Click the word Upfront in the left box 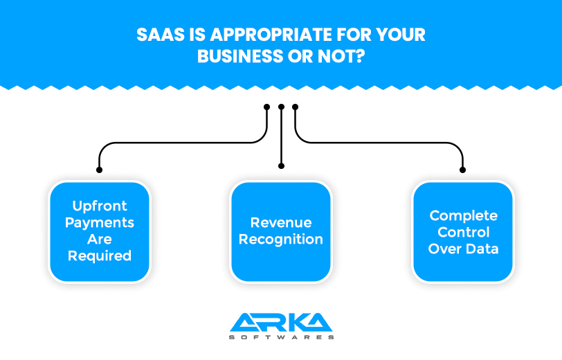pyautogui.click(x=100, y=206)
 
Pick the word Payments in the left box pyautogui.click(x=100, y=223)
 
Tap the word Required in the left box pyautogui.click(x=100, y=255)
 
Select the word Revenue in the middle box pyautogui.click(x=281, y=223)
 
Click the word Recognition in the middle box pyautogui.click(x=281, y=239)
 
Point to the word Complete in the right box pyautogui.click(x=464, y=215)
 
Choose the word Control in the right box pyautogui.click(x=464, y=233)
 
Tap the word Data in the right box pyautogui.click(x=483, y=249)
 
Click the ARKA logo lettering pyautogui.click(x=281, y=322)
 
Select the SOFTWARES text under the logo pyautogui.click(x=282, y=337)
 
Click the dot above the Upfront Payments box pyautogui.click(x=99, y=170)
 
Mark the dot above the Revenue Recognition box pyautogui.click(x=282, y=166)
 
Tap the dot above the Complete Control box pyautogui.click(x=463, y=170)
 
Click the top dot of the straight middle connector pyautogui.click(x=282, y=107)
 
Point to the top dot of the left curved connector pyautogui.click(x=266, y=107)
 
